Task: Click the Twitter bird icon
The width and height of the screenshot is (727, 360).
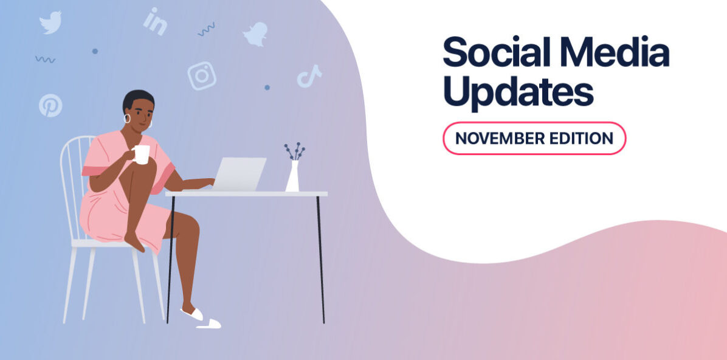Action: [x=50, y=22]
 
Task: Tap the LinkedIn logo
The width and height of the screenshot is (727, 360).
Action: [x=155, y=21]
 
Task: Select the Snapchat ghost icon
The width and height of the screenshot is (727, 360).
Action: [x=255, y=34]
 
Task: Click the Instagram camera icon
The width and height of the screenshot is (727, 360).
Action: [x=202, y=75]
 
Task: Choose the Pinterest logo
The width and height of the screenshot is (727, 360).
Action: [x=50, y=105]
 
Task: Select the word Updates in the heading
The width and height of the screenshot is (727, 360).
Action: [x=519, y=92]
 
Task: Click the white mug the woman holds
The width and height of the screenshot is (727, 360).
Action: [x=141, y=154]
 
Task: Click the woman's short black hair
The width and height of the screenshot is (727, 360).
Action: [x=137, y=98]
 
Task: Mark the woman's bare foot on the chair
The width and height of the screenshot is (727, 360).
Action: [x=134, y=241]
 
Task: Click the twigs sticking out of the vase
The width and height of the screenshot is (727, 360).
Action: [x=294, y=151]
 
